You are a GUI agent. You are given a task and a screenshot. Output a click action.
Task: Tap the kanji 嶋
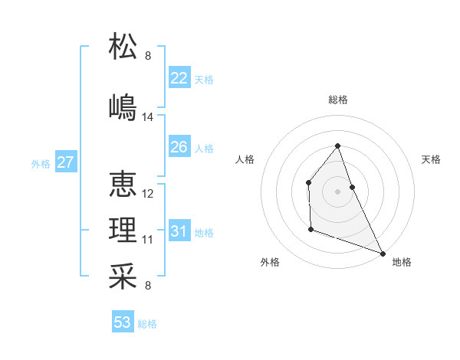coord(123,106)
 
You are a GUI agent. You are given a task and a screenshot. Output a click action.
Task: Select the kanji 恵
coord(123,184)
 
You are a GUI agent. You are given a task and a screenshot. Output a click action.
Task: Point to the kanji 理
coord(123,230)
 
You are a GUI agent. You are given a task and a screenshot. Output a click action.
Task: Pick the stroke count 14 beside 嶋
coord(148,117)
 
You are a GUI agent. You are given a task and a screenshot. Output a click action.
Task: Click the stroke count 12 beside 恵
coord(148,194)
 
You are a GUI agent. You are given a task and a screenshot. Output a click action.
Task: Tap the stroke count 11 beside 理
coord(148,240)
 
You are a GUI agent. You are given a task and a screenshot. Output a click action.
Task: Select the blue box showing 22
coord(179,78)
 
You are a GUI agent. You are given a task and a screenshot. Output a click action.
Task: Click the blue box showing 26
coord(179,147)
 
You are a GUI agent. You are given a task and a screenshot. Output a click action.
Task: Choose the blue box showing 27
coord(65,162)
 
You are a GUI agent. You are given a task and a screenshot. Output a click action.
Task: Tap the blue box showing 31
coord(179,231)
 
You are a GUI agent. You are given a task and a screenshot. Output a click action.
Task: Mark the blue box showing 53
coord(122,322)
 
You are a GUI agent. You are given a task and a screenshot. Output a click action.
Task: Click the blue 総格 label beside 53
coord(147,324)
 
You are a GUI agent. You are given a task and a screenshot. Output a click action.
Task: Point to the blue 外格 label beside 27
coord(41,164)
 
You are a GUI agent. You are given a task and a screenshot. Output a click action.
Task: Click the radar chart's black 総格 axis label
coord(337,100)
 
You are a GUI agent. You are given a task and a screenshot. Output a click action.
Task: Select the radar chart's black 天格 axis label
coord(431,159)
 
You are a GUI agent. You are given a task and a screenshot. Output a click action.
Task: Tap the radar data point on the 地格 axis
coord(383,253)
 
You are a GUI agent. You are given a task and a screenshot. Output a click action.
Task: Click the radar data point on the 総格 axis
coord(337,146)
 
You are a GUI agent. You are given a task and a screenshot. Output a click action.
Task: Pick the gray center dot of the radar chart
coord(337,191)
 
